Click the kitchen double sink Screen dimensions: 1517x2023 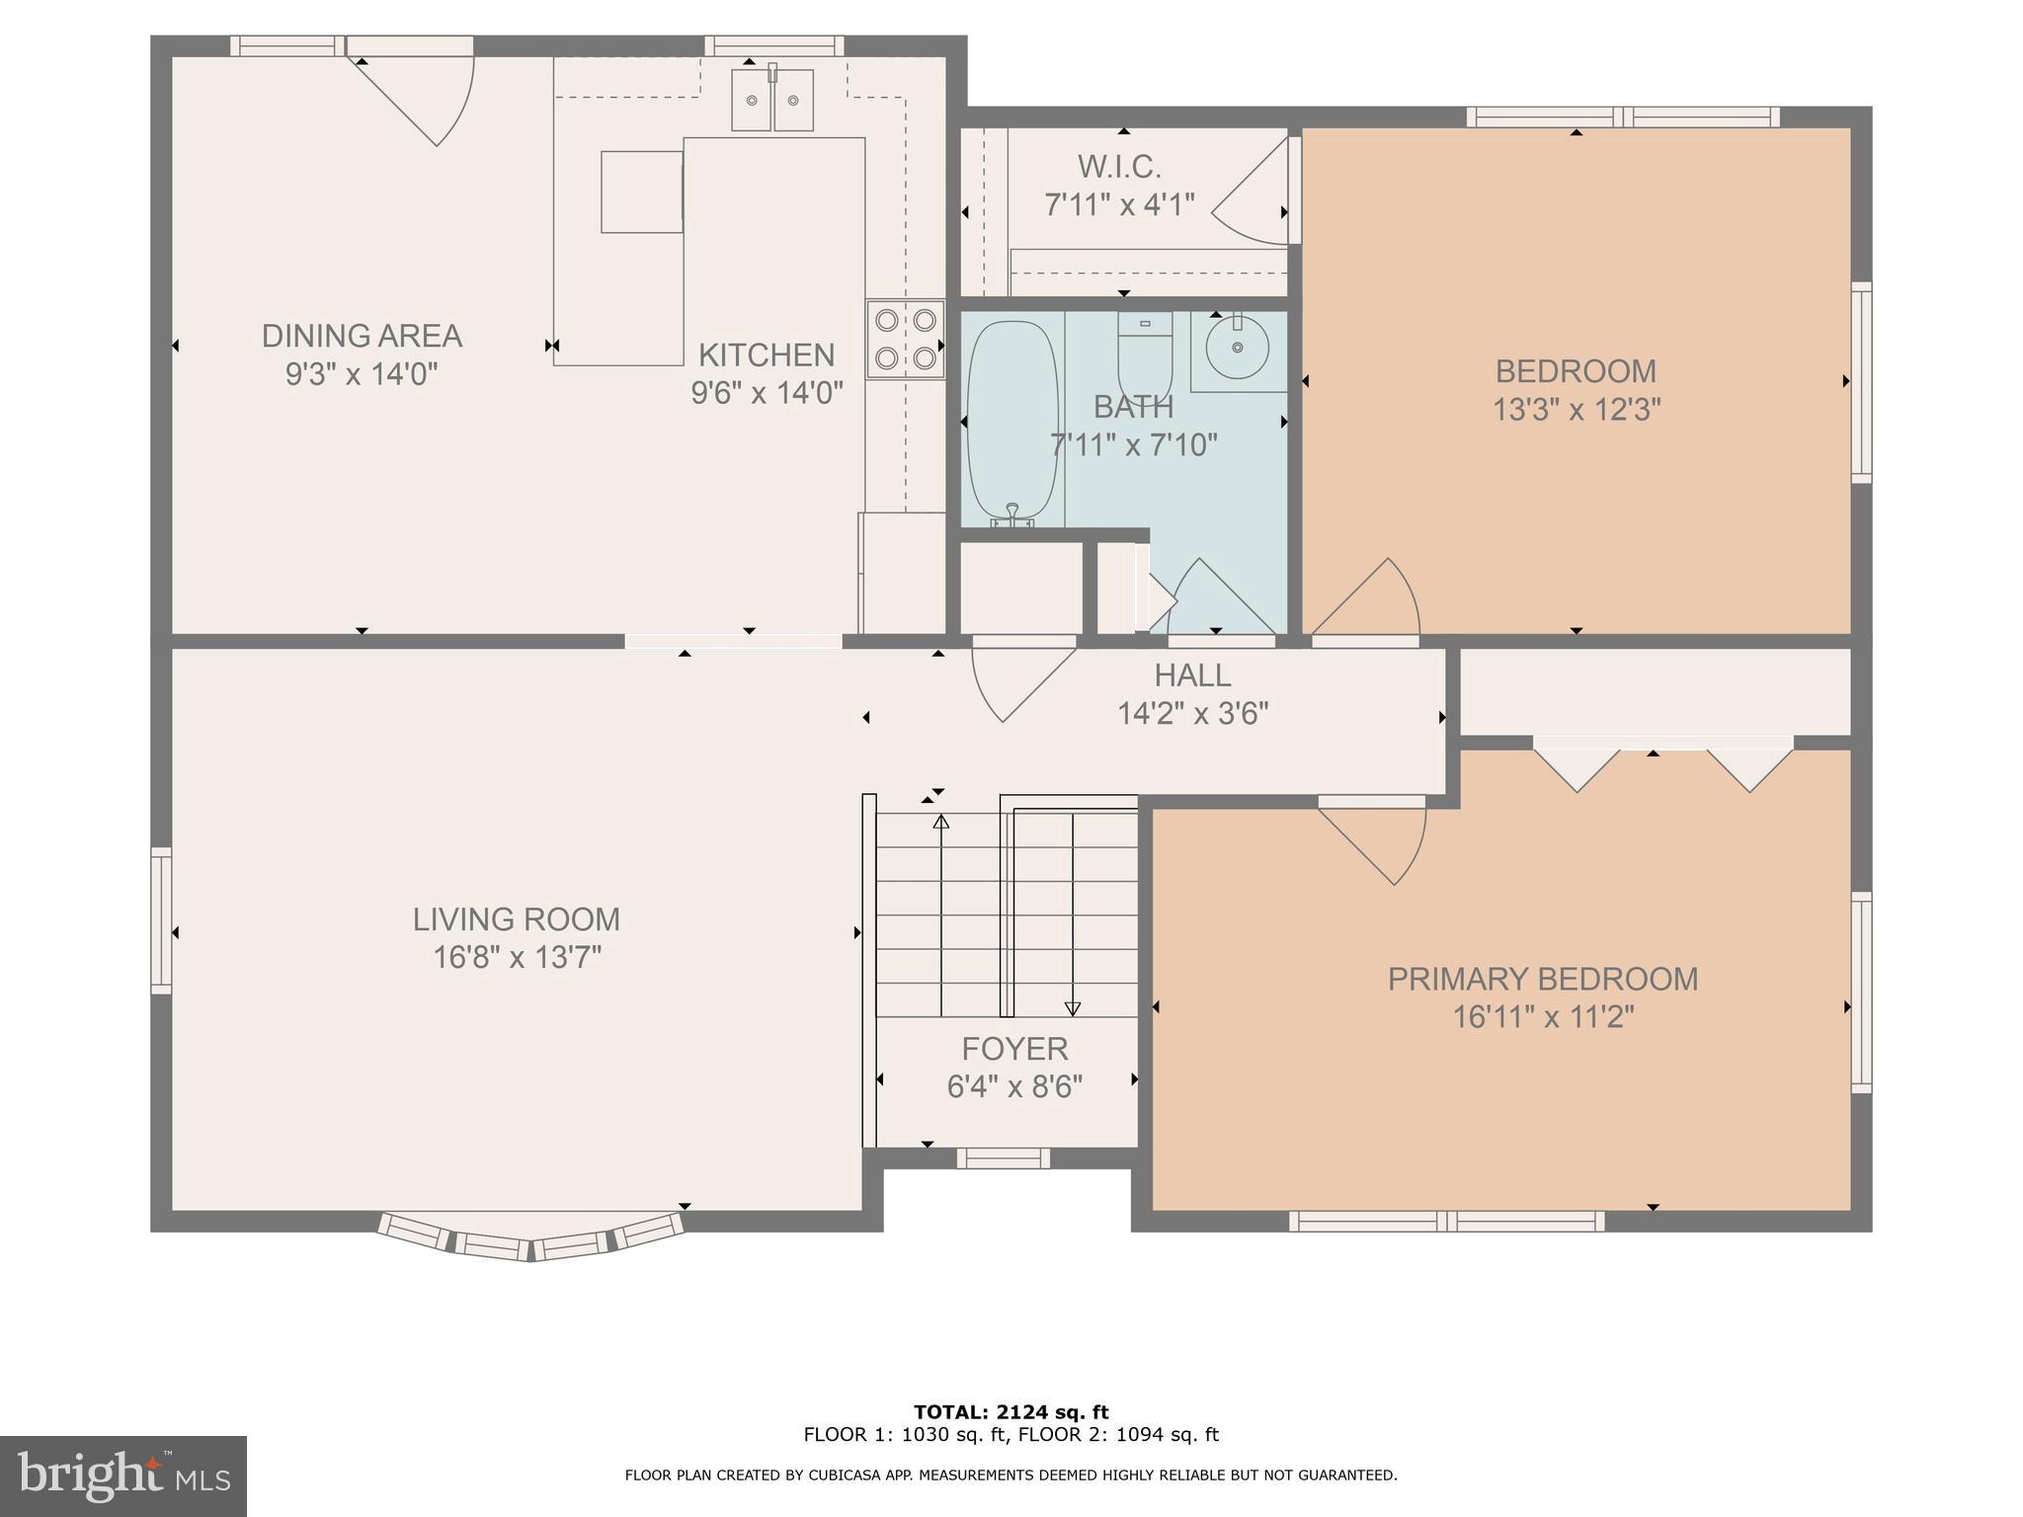[772, 100]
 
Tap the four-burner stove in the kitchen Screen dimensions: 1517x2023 [905, 339]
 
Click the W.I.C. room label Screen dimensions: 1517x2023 [1119, 167]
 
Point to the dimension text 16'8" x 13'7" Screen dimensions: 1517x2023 [517, 957]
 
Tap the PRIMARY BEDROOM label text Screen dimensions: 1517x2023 [1542, 979]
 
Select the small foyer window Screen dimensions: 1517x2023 [1003, 1158]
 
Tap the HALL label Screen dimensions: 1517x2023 [1192, 676]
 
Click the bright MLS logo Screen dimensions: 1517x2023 [122, 1477]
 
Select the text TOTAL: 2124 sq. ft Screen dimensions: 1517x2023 [1011, 1412]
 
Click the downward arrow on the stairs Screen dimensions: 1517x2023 [1073, 1007]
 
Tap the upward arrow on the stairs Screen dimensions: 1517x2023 [941, 822]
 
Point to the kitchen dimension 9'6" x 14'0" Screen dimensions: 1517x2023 [767, 393]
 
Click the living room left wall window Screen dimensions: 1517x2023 [161, 919]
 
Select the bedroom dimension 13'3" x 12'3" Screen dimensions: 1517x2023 [1576, 409]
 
